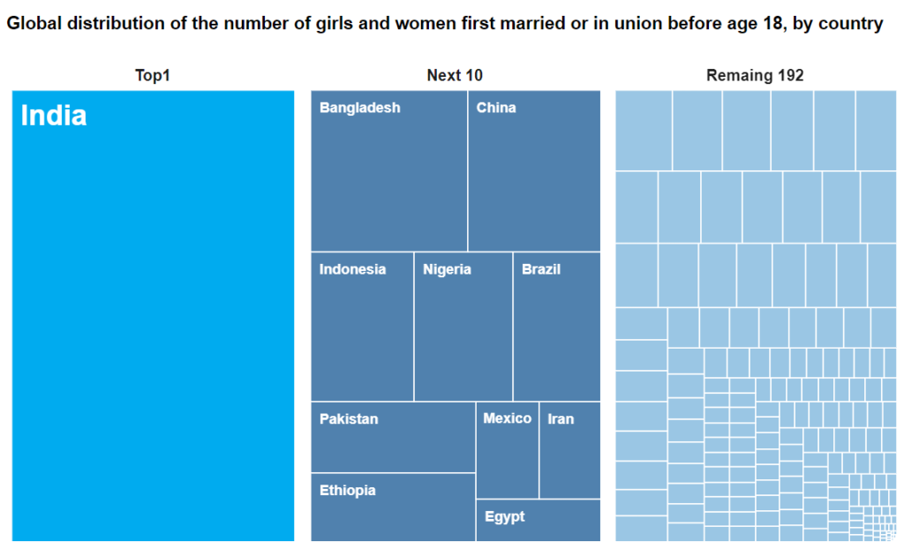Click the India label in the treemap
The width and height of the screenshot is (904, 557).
(x=53, y=116)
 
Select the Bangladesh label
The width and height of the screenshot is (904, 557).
(x=359, y=108)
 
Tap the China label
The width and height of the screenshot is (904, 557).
(x=496, y=108)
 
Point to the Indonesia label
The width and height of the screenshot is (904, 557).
(x=352, y=269)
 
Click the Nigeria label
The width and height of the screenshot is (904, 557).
(x=447, y=269)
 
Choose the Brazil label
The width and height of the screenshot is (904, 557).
(x=540, y=269)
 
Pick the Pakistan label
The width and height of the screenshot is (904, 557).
(x=349, y=418)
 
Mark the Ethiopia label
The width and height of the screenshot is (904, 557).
(x=347, y=490)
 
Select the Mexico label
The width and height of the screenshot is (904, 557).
(x=507, y=418)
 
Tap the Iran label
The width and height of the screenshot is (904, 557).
(x=561, y=418)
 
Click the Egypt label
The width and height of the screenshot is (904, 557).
(x=504, y=516)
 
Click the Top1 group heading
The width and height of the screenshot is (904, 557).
(x=152, y=76)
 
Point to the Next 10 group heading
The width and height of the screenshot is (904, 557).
(x=455, y=76)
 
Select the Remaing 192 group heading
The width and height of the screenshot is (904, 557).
(x=755, y=76)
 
